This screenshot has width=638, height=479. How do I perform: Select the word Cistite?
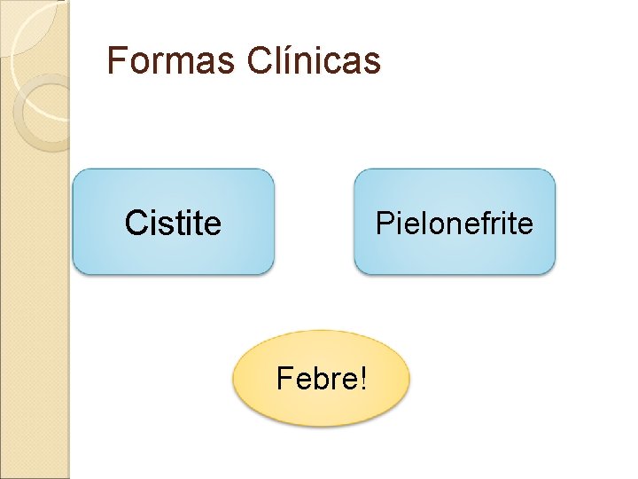(173, 223)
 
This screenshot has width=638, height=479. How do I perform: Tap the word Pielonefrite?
(454, 223)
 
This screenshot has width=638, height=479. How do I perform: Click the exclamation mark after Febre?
(362, 379)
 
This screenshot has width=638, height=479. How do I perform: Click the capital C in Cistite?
(135, 223)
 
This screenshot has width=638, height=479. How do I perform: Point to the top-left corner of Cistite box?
(75, 172)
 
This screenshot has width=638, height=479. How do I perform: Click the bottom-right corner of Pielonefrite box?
(553, 271)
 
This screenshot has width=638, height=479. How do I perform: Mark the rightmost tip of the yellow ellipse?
(409, 379)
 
